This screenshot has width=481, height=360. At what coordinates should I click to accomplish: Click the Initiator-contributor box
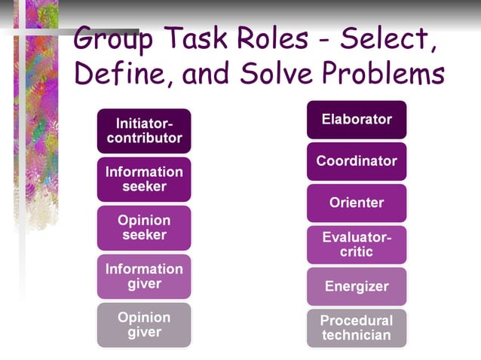click(x=144, y=130)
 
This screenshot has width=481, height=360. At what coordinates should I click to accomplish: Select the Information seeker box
click(x=144, y=178)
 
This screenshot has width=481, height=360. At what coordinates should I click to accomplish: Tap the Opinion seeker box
click(x=144, y=227)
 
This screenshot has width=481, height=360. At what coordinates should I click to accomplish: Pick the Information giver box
click(x=144, y=276)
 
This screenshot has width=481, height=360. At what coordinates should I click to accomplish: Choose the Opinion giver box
click(x=144, y=325)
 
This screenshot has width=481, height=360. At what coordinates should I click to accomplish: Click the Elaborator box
click(x=357, y=119)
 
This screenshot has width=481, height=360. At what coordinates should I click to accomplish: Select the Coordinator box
click(x=357, y=161)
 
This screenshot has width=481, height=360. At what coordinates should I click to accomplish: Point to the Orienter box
click(x=357, y=203)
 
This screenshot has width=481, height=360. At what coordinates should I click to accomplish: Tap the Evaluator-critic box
click(x=357, y=245)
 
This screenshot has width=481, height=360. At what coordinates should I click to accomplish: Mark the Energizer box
click(x=357, y=286)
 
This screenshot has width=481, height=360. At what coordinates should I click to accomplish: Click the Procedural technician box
click(x=357, y=328)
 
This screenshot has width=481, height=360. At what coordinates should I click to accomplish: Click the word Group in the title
click(x=120, y=38)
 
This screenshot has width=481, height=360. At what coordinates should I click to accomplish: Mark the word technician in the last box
click(x=357, y=335)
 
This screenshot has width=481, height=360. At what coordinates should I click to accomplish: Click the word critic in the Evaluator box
click(x=357, y=252)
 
